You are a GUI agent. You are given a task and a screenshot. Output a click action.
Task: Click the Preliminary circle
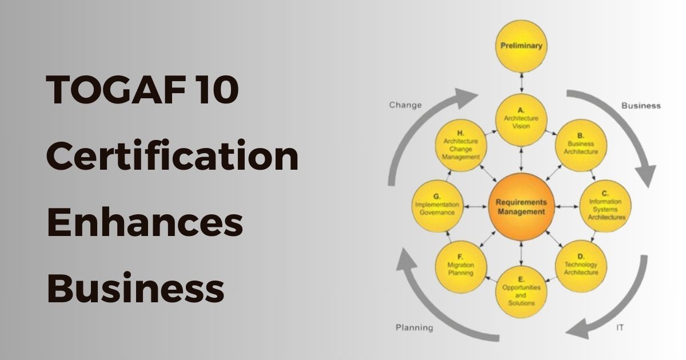[521, 46]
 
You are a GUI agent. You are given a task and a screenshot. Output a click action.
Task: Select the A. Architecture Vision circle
[521, 119]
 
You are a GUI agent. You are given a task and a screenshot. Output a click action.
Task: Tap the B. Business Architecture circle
[581, 145]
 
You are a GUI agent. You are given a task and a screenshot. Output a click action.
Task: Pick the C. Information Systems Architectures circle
[605, 206]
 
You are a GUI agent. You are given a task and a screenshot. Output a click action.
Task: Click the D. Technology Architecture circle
[581, 266]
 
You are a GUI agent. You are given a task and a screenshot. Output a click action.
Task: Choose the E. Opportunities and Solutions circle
[521, 292]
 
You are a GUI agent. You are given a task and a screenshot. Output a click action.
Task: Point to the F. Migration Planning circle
[461, 266]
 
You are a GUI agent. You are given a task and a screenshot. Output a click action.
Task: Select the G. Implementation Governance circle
[437, 206]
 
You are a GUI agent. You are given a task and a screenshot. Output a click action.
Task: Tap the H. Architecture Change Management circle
[461, 145]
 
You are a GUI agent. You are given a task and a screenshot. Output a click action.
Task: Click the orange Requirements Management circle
[521, 207]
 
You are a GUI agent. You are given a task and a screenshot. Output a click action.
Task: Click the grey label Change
[405, 105]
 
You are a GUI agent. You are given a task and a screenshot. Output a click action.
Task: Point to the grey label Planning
[414, 327]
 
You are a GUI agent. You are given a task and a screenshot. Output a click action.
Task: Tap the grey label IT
[620, 327]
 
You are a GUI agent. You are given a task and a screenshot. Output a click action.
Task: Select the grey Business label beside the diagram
[641, 106]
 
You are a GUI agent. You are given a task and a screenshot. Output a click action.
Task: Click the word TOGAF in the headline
[115, 89]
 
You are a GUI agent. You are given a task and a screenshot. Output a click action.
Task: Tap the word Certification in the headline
[172, 155]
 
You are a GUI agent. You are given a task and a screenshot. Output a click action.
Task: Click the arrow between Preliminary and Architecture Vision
[521, 83]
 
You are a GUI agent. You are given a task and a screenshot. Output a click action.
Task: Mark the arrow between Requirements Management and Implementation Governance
[475, 207]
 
